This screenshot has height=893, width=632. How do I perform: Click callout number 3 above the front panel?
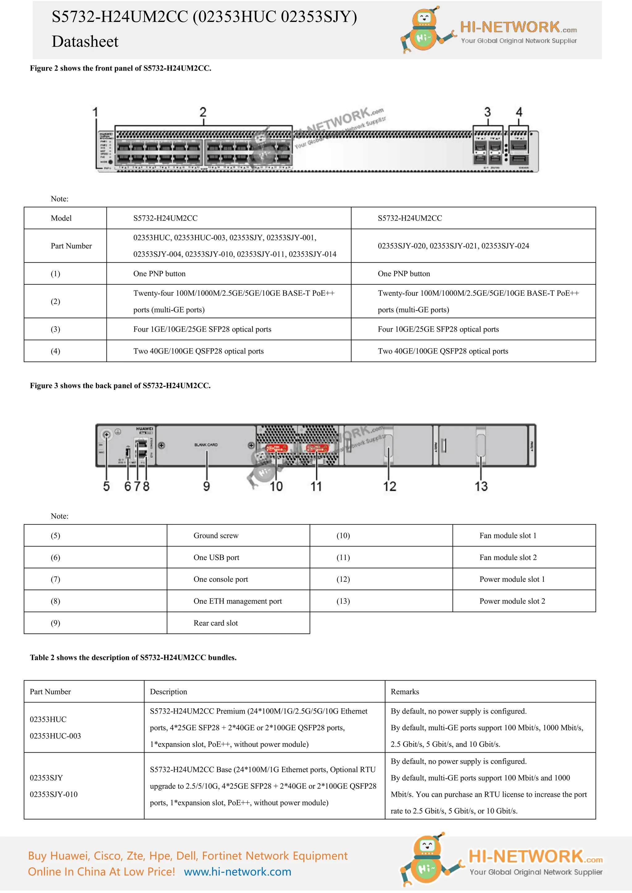[487, 113]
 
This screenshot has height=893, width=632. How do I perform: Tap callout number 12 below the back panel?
[389, 486]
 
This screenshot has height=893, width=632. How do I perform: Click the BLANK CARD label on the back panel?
[206, 445]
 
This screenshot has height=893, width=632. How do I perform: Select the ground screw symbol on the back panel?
[106, 435]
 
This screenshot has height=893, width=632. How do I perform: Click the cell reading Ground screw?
[216, 536]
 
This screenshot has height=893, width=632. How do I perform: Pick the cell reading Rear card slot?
[216, 623]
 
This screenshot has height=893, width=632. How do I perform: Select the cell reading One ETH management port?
[237, 601]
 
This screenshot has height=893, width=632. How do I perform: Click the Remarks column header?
[405, 692]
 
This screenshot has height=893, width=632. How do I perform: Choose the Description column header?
[168, 692]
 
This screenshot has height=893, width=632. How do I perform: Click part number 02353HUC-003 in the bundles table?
[55, 736]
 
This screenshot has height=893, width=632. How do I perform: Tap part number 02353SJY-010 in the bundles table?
[54, 795]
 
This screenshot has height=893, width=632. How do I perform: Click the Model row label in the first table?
[61, 218]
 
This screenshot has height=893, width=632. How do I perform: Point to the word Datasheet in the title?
[85, 42]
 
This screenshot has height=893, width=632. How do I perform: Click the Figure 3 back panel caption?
[120, 386]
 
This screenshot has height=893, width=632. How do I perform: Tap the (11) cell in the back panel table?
[343, 558]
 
